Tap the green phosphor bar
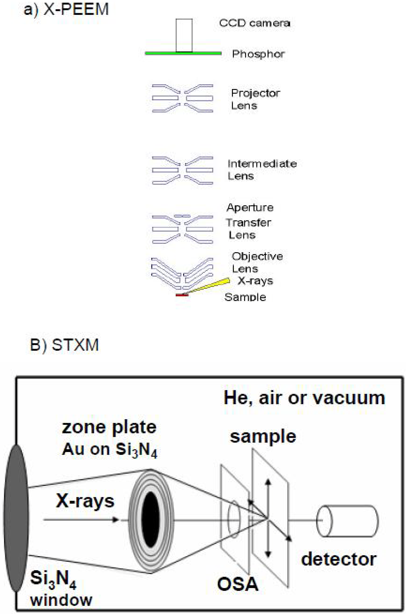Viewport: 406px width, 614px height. tap(183, 53)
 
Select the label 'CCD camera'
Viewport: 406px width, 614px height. tap(254, 23)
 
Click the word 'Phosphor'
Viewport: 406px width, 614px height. tap(258, 54)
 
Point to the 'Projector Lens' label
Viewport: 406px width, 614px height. tap(255, 99)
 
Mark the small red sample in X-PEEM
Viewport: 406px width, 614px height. tap(182, 295)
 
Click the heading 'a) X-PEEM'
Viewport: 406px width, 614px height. tap(66, 10)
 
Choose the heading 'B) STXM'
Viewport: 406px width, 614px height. tap(64, 345)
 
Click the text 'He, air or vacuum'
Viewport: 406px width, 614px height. tap(304, 398)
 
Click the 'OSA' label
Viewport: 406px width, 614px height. tap(238, 585)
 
